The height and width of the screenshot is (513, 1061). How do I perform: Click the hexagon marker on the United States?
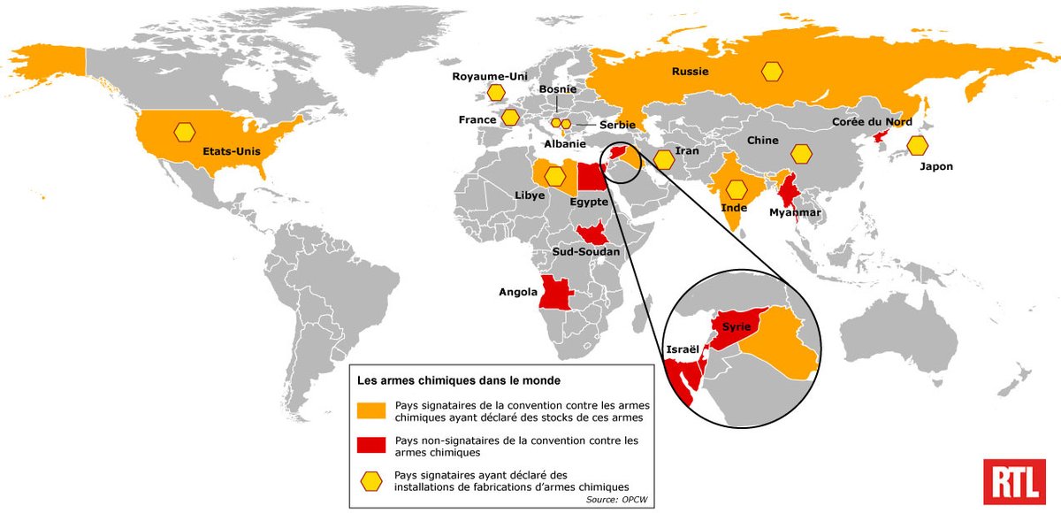point(184,132)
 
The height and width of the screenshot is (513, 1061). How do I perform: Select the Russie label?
point(691,72)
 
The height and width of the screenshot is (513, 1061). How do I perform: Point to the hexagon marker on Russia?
point(773,72)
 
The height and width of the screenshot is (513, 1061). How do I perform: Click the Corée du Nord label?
point(872,122)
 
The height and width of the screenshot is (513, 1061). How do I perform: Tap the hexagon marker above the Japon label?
point(918,144)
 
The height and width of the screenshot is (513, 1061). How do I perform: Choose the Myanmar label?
point(795,212)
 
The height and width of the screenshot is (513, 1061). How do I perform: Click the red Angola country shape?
point(554,291)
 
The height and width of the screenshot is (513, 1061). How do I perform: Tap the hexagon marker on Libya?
point(555,176)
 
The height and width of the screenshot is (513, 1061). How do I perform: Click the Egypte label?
point(589,202)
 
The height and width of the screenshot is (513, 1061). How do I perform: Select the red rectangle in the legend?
point(372,445)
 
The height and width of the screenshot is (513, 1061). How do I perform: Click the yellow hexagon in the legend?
point(372,480)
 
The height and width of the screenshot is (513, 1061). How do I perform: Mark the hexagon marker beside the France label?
point(510,117)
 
